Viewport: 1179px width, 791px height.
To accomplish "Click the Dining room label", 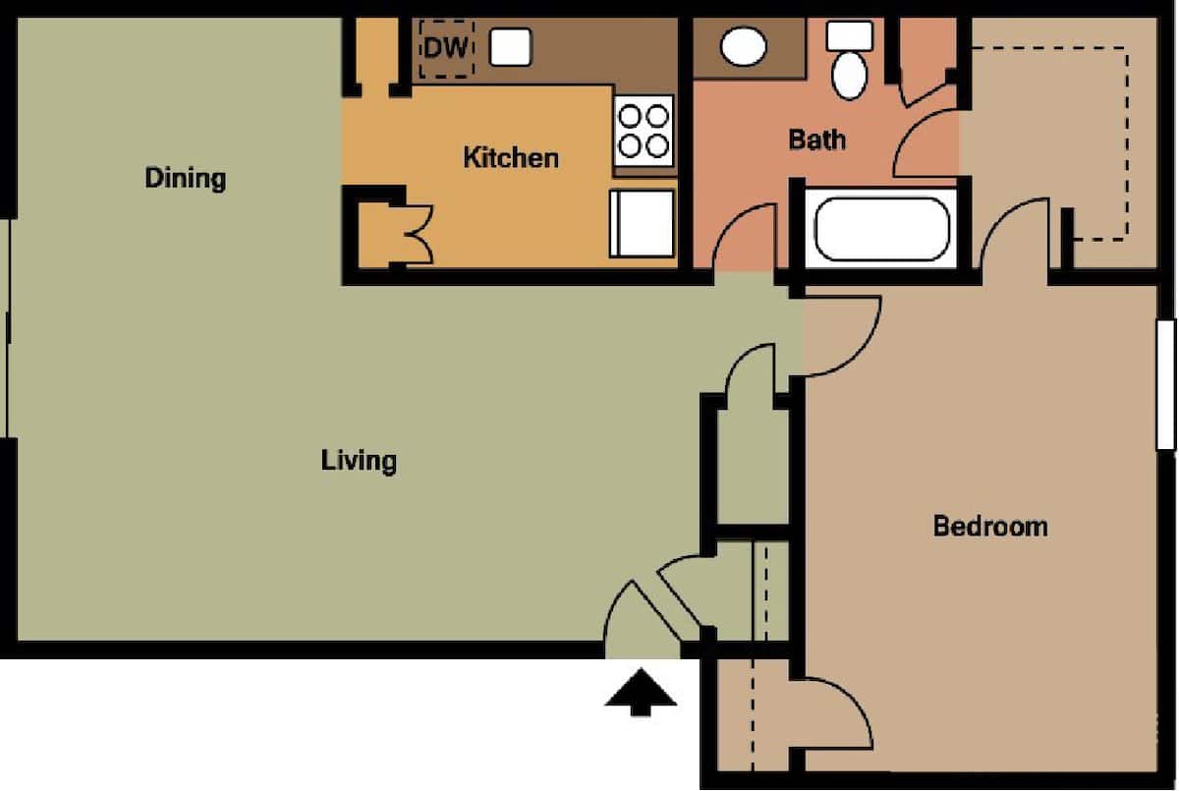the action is pyautogui.click(x=186, y=178).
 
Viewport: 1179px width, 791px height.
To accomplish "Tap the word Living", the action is pyautogui.click(x=359, y=461).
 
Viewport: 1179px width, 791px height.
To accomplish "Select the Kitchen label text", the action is pyautogui.click(x=511, y=158).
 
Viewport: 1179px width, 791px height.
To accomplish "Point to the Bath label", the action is pyautogui.click(x=816, y=140).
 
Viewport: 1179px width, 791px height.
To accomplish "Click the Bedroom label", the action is pyautogui.click(x=990, y=527).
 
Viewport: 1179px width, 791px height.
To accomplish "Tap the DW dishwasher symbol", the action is pyautogui.click(x=446, y=49).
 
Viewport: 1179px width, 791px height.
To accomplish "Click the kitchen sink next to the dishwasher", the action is pyautogui.click(x=511, y=47).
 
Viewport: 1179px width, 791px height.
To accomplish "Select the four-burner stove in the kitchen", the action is pyautogui.click(x=644, y=131).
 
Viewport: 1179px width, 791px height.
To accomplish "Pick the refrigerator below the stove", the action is pyautogui.click(x=643, y=224).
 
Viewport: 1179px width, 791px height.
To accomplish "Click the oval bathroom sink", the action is pyautogui.click(x=743, y=46).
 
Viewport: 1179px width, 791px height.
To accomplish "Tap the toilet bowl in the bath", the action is pyautogui.click(x=849, y=77).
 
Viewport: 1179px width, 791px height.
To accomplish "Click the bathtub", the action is pyautogui.click(x=882, y=229).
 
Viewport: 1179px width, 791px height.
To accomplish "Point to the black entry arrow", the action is pyautogui.click(x=641, y=693).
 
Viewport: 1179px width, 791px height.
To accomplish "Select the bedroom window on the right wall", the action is pyautogui.click(x=1166, y=385).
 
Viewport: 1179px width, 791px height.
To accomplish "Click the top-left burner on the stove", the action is pyautogui.click(x=630, y=116).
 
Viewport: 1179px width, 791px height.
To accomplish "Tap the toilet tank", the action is pyautogui.click(x=850, y=35).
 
